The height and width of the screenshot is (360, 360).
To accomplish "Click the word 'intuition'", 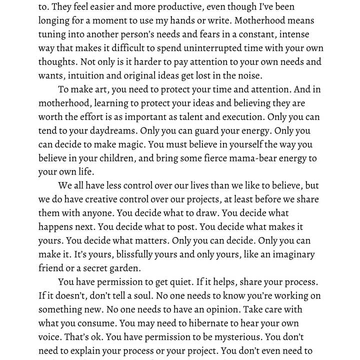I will [x=87, y=76].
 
